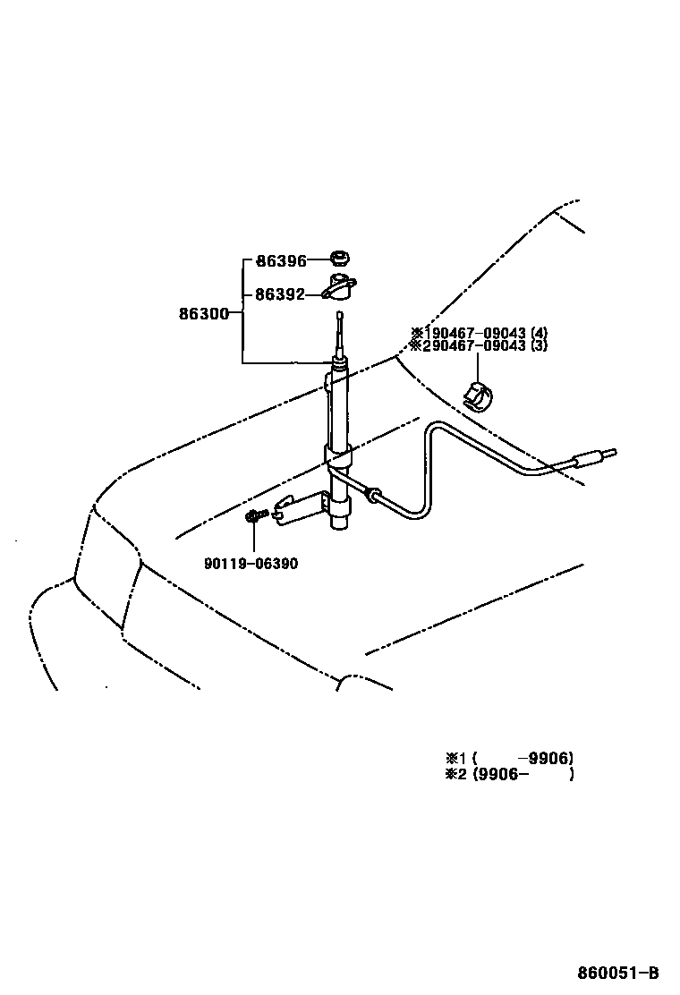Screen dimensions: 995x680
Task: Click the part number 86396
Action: tap(281, 261)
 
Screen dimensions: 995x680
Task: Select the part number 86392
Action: tap(281, 293)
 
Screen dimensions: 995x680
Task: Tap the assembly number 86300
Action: tap(203, 313)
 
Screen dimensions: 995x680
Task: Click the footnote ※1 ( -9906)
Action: tap(509, 758)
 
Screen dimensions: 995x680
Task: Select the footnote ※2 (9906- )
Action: tap(509, 774)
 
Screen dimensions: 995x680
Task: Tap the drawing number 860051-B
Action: tap(617, 973)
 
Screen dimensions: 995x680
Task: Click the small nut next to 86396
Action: tap(339, 260)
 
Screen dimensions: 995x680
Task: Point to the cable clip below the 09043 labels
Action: tap(480, 395)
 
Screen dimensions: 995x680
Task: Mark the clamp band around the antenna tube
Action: tap(338, 459)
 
